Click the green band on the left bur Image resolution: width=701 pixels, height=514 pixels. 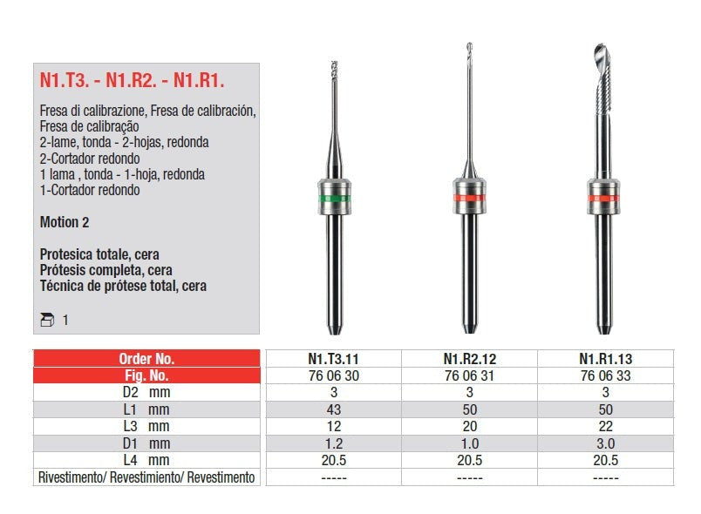click(x=335, y=199)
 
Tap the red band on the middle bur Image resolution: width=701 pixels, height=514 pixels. click(x=469, y=198)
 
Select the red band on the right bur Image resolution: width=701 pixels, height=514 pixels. click(x=603, y=198)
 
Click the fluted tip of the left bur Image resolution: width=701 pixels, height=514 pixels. click(x=335, y=69)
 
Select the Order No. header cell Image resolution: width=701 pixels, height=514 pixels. click(x=146, y=359)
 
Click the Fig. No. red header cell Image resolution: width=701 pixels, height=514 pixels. click(x=146, y=375)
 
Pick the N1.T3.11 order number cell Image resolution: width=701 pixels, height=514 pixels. click(x=334, y=359)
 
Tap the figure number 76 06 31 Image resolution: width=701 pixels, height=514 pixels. click(x=469, y=376)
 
